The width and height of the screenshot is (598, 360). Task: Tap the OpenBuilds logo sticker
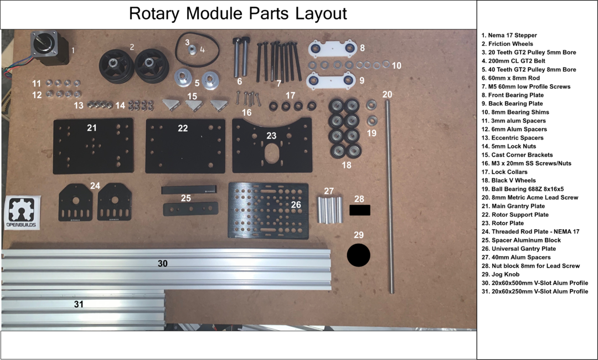tap(22, 213)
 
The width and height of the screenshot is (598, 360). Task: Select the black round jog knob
tap(358, 255)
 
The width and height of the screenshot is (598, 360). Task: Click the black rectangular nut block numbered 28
tap(360, 210)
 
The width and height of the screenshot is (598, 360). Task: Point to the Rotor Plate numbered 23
tap(272, 146)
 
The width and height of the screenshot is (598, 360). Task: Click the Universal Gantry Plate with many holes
tap(268, 210)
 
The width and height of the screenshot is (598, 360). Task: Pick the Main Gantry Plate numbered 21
tap(94, 146)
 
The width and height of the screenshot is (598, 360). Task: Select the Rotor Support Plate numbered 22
tap(185, 146)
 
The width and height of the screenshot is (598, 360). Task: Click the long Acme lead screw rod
tap(389, 197)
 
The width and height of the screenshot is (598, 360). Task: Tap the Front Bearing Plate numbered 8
tap(333, 48)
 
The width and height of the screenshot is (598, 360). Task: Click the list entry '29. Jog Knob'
tap(501, 274)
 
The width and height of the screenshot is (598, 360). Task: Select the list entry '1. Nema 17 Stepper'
tap(509, 35)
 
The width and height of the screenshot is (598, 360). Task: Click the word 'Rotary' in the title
tap(154, 13)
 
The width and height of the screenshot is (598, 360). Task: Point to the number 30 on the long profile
tap(163, 264)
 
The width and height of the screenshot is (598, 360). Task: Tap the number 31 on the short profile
tap(79, 304)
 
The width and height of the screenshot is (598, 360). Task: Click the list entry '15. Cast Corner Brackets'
tap(517, 155)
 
